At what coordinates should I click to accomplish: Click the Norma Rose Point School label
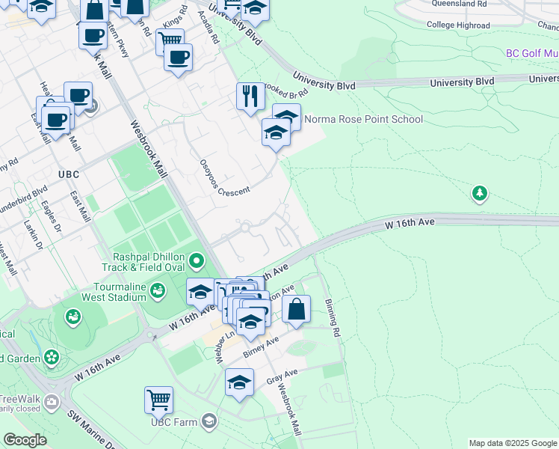coord(363,120)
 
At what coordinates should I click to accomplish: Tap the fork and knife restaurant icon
coord(250,97)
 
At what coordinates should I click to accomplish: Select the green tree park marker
coord(479,194)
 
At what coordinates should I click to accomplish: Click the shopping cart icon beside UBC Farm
coord(159,400)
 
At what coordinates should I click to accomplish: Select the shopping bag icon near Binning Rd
coord(297,308)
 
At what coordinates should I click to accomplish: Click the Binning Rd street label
coord(333,317)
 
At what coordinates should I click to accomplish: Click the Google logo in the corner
coord(24,440)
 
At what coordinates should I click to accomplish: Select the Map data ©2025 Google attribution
coord(512,443)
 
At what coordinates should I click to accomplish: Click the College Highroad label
coord(458,25)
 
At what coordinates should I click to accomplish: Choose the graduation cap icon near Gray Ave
coord(239,382)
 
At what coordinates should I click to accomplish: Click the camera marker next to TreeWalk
coord(52,402)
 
